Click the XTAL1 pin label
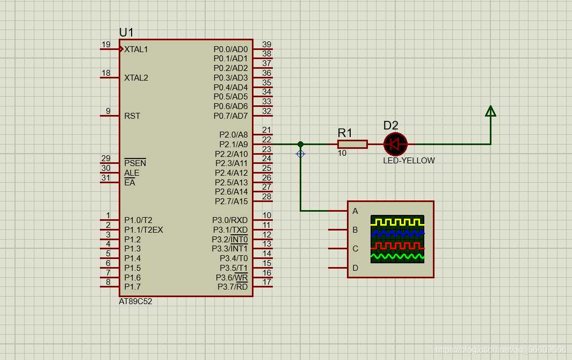click(136, 49)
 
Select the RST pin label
click(132, 116)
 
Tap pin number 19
click(106, 45)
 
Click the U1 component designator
click(126, 32)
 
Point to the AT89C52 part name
click(135, 301)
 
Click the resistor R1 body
click(352, 144)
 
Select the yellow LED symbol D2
click(395, 144)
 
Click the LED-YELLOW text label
click(409, 161)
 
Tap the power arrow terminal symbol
click(491, 111)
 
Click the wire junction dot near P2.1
click(300, 144)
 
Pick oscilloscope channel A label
click(356, 211)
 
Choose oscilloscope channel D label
click(356, 268)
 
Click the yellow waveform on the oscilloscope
click(397, 222)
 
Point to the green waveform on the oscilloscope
click(397, 257)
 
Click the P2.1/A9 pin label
click(234, 144)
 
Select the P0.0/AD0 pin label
click(230, 49)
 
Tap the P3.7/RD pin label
click(233, 286)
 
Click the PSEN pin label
click(135, 163)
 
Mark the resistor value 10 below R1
click(342, 153)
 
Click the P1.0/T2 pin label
click(138, 220)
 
